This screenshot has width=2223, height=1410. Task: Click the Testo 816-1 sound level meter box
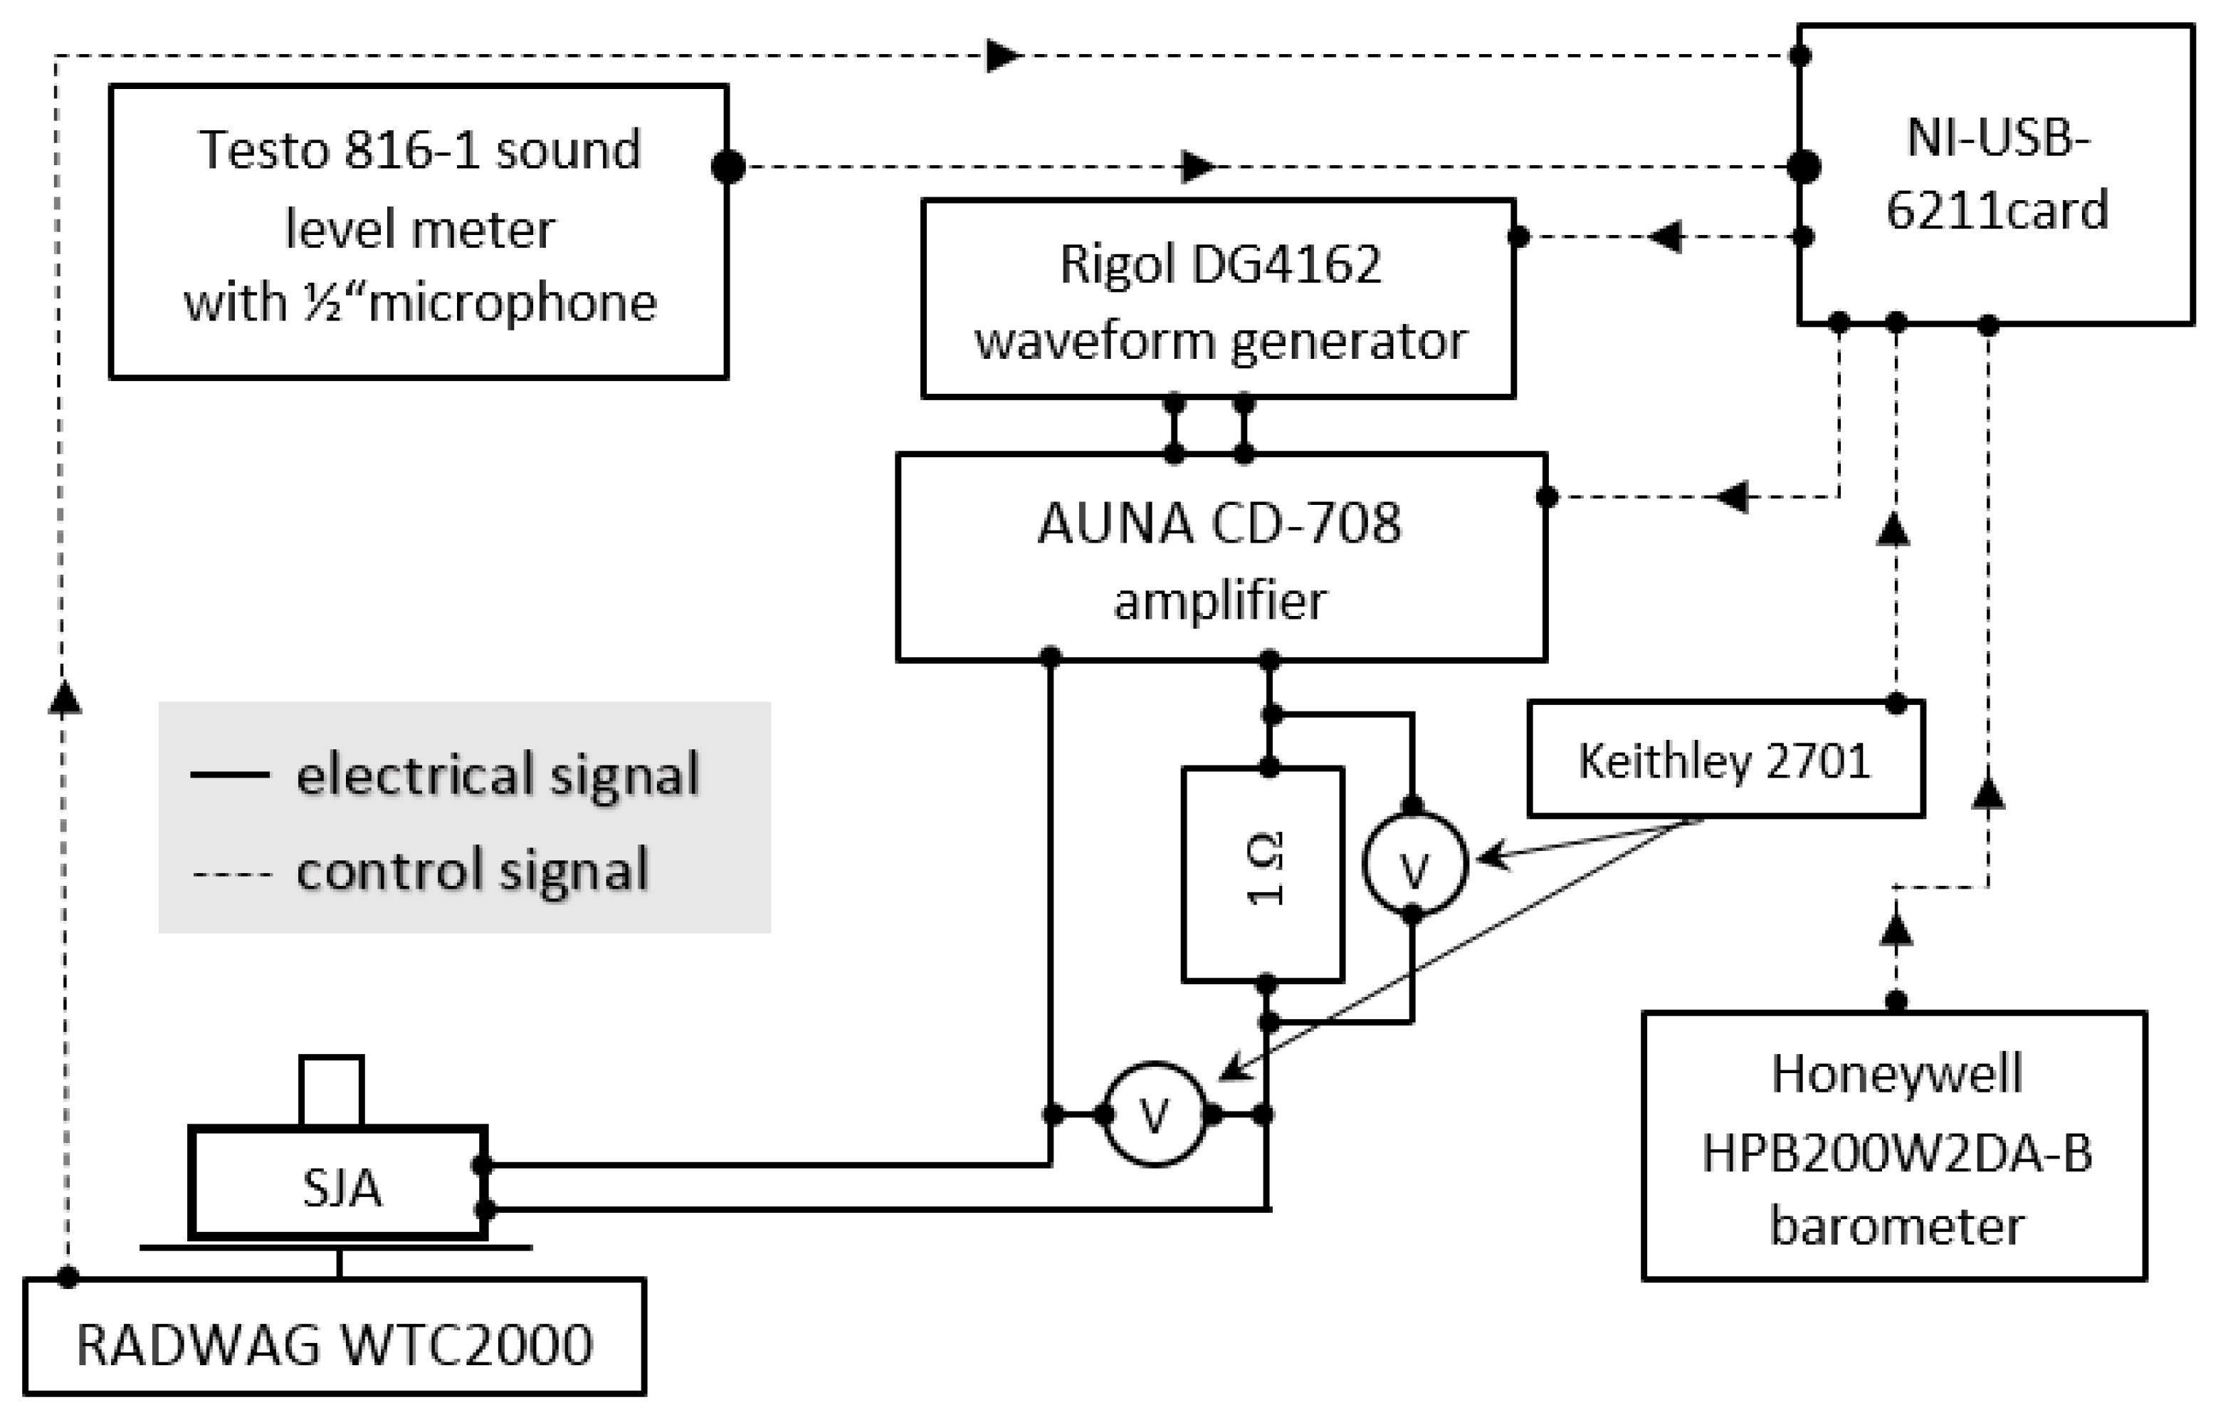[419, 231]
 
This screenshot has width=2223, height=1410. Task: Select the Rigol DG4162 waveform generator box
[1218, 299]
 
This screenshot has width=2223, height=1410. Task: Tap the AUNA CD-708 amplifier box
[1221, 558]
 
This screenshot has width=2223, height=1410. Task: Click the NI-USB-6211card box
[1996, 175]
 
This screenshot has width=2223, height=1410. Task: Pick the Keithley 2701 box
[1725, 760]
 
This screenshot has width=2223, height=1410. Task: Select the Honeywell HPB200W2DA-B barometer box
[1894, 1146]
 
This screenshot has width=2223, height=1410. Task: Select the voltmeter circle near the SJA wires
[1154, 1114]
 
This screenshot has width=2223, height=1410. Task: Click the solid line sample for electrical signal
[230, 775]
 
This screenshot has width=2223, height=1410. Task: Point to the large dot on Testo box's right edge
[728, 167]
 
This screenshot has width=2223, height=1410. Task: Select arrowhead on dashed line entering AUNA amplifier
[1733, 497]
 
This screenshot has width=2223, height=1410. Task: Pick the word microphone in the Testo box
[511, 303]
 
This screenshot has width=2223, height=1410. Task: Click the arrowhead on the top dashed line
[1004, 56]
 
